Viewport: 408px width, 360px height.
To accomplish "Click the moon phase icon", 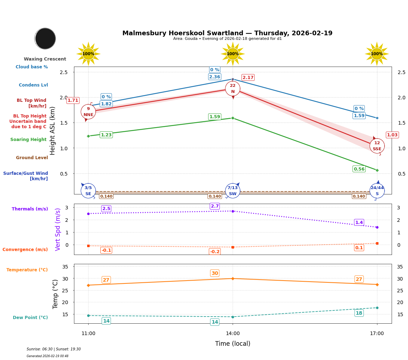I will click(x=45, y=38).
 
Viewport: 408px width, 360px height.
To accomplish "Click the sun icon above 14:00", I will click(x=233, y=54).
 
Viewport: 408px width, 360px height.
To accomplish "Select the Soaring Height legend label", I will click(x=28, y=140).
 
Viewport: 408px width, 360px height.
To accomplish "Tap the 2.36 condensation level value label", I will click(x=214, y=77).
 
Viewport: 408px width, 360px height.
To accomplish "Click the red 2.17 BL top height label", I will click(x=248, y=78).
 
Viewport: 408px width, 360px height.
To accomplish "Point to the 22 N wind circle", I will click(x=233, y=88).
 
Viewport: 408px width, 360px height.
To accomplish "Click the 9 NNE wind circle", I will click(x=88, y=112).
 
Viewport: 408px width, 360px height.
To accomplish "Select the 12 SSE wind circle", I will click(x=377, y=146).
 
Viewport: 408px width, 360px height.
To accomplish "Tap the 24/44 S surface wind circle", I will click(x=377, y=191).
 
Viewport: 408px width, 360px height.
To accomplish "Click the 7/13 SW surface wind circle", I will click(x=233, y=191).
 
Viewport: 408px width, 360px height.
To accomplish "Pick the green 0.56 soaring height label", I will click(x=359, y=169).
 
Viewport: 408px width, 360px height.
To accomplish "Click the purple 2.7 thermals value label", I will click(x=215, y=206).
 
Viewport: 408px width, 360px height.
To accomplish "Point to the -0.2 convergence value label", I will click(x=215, y=252).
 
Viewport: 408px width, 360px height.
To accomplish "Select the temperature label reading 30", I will click(x=215, y=273).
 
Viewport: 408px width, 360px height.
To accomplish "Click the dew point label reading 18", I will click(x=359, y=313).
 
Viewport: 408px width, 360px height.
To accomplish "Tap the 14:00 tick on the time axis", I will click(x=233, y=334).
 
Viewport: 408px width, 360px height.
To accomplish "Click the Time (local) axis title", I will click(x=233, y=344).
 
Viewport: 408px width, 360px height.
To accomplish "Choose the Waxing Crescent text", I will click(x=45, y=59).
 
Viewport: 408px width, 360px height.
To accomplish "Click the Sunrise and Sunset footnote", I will click(x=54, y=349).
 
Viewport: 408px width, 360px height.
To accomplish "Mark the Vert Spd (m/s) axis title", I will click(x=58, y=229).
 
